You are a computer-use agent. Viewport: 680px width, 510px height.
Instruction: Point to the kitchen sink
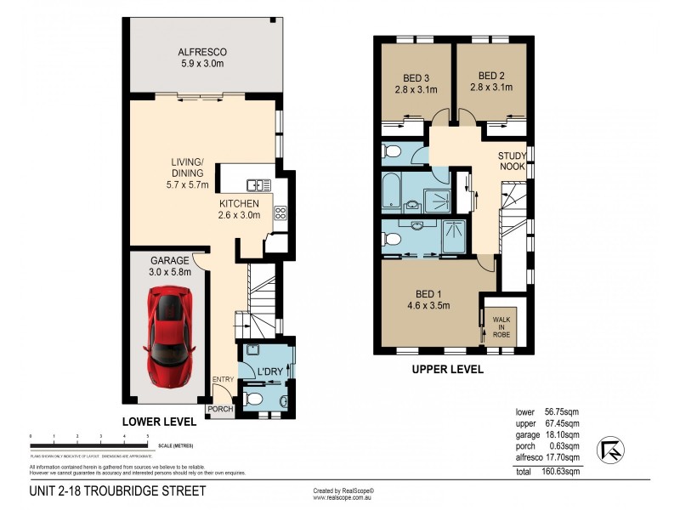click(x=258, y=184)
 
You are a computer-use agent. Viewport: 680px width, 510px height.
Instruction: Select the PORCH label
click(x=220, y=409)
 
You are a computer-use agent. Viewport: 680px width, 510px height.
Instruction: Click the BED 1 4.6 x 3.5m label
click(x=428, y=299)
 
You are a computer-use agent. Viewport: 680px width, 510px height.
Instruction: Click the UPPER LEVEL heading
click(x=447, y=370)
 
